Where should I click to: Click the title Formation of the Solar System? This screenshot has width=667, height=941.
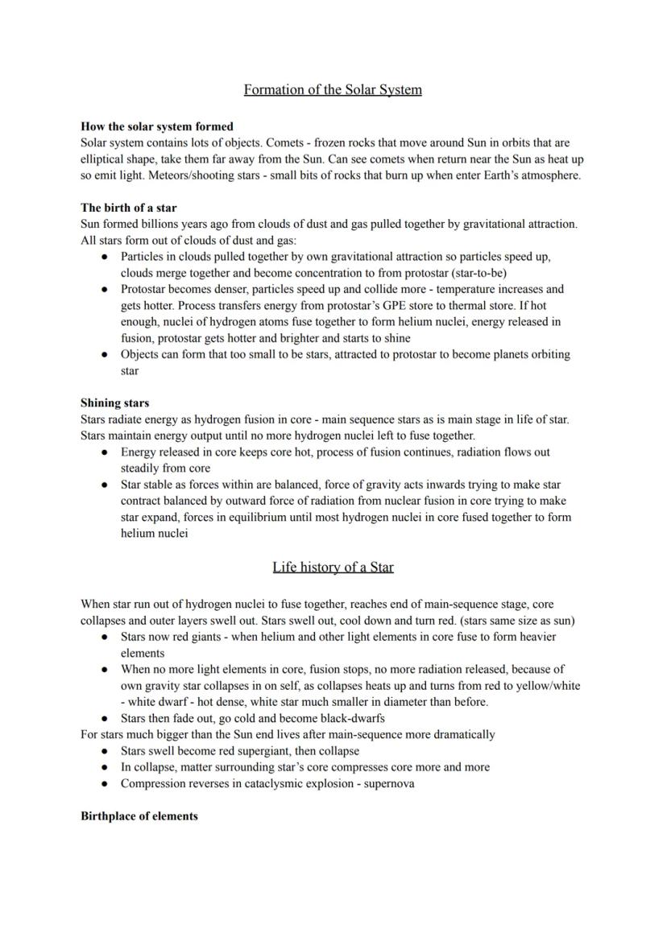(333, 89)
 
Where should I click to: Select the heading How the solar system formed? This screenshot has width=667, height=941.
(157, 126)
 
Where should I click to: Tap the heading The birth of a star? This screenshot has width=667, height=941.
(129, 208)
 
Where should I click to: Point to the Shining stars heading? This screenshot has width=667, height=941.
(114, 402)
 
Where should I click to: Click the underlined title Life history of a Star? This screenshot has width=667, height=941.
(333, 567)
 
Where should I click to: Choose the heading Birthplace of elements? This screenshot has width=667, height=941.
(139, 816)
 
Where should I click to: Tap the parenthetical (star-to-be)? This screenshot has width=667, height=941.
(476, 273)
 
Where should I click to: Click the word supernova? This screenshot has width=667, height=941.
(390, 783)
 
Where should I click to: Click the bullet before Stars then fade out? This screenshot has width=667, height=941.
(105, 718)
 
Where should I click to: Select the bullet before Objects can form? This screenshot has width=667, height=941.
(105, 354)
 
